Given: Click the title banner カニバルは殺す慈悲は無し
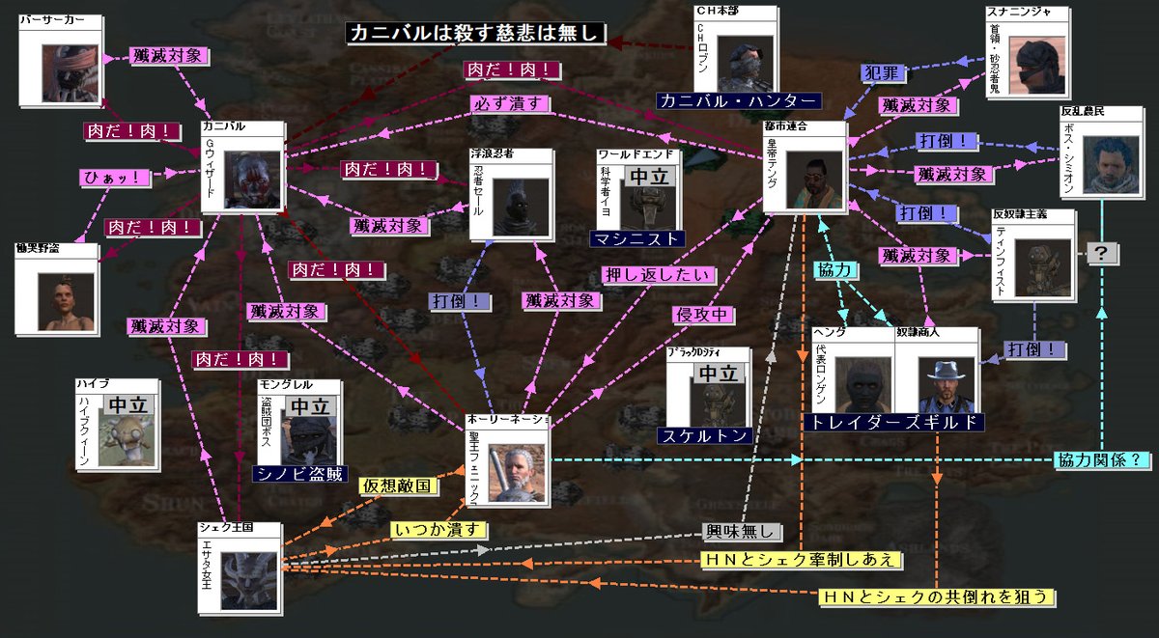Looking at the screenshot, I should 476,34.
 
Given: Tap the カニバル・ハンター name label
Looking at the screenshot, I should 738,100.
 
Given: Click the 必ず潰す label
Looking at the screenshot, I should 510,101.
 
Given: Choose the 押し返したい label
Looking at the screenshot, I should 659,274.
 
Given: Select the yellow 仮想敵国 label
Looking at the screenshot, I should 397,485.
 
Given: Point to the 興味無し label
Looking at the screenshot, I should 741,531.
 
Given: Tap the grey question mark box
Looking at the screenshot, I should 1102,254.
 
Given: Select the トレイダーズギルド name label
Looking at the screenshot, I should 892,422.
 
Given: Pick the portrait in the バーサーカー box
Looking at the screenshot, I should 70,73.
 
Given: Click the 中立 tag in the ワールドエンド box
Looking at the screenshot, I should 648,177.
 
